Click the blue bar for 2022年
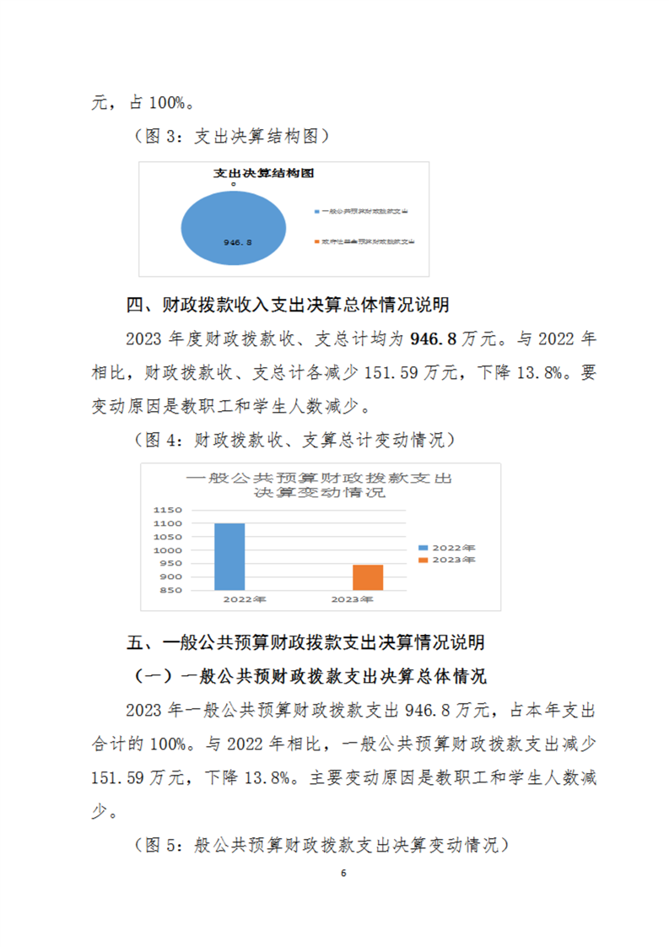[229, 557]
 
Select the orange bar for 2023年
[368, 577]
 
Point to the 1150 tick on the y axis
[169, 511]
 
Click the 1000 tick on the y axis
[169, 550]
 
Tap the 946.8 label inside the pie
[238, 242]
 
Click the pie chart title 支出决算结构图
[262, 173]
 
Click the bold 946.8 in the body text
[433, 339]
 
